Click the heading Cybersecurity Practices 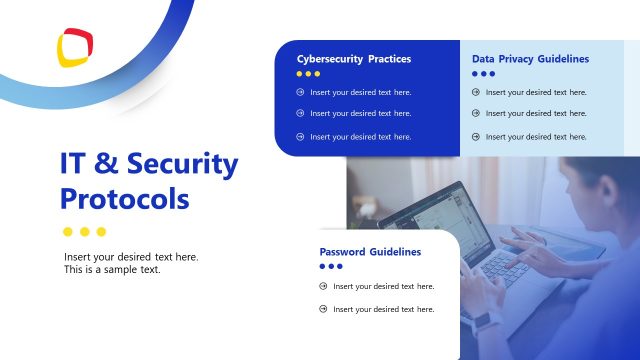point(354,59)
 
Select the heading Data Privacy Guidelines point(530,59)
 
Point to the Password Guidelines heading point(370,252)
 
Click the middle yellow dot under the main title point(84,232)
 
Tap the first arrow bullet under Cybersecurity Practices point(300,92)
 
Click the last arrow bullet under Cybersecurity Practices point(300,136)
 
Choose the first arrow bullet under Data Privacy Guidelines point(476,92)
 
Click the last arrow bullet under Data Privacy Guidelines point(476,136)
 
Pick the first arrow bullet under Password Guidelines point(323,286)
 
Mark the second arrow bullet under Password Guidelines point(323,309)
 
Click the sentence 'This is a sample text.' point(112,270)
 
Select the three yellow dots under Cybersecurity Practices point(309,74)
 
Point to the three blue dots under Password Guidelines point(331,267)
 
